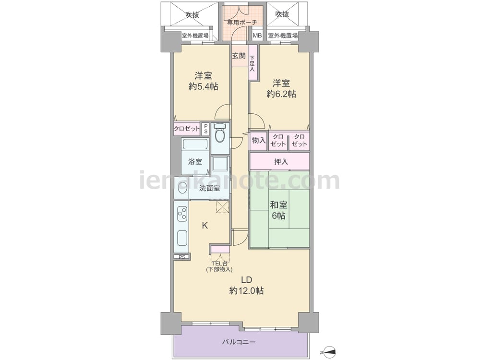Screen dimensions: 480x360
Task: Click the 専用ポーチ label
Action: click(242, 23)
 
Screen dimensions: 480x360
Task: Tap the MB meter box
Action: click(257, 36)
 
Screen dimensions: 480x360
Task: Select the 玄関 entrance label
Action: click(239, 56)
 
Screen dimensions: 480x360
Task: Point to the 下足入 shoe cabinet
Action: click(252, 63)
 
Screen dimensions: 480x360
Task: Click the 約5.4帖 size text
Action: click(203, 86)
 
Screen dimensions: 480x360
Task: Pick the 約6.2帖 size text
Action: click(281, 94)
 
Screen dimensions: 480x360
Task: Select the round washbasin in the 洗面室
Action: click(182, 188)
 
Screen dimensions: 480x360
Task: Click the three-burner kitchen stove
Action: click(182, 214)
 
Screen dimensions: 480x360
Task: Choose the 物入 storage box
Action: click(259, 141)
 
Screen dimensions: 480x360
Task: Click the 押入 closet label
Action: click(281, 162)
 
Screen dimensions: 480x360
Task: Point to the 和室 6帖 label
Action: click(278, 210)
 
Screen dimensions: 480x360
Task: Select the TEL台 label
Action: click(219, 263)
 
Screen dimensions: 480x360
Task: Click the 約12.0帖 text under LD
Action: click(246, 290)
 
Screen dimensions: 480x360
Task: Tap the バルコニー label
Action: click(239, 342)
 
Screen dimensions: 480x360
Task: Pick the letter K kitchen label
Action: click(205, 226)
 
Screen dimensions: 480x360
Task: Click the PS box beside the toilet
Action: click(205, 129)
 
